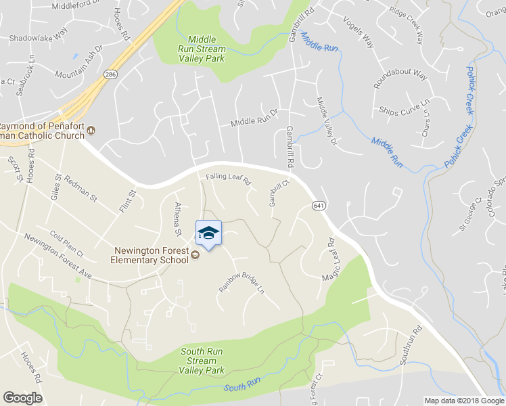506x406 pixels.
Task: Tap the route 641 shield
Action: (317, 204)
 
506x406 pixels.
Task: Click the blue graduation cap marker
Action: (208, 234)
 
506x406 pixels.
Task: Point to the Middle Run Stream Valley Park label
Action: (201, 49)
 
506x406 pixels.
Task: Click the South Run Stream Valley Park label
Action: (202, 361)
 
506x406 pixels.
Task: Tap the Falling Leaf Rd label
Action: (228, 181)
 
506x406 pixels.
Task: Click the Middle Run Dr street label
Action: (254, 118)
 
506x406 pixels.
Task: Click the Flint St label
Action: (128, 201)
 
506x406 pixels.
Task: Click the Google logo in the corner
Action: (22, 398)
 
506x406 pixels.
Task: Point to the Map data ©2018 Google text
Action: (463, 401)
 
